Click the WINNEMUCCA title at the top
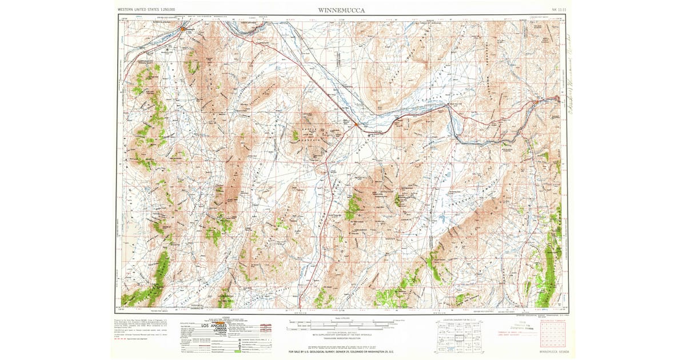click(x=342, y=10)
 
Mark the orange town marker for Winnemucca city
click(x=183, y=28)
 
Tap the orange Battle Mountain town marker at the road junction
click(x=356, y=124)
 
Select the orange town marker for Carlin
click(x=557, y=99)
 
